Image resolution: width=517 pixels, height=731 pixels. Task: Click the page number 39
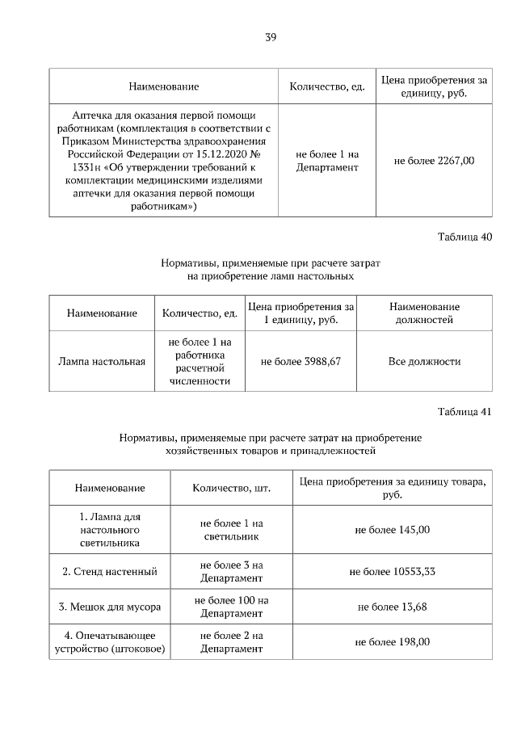click(271, 37)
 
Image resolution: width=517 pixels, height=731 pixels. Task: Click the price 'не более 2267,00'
click(434, 161)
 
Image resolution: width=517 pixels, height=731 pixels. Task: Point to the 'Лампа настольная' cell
click(102, 361)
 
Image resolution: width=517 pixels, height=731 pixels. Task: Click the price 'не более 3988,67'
click(301, 361)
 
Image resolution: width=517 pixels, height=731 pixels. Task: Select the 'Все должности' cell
click(424, 361)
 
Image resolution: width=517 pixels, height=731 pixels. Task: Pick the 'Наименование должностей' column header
click(424, 313)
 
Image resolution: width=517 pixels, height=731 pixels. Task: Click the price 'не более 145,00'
click(393, 530)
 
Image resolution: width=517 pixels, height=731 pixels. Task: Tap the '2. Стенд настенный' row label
click(110, 572)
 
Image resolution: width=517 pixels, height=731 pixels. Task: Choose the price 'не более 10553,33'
click(393, 572)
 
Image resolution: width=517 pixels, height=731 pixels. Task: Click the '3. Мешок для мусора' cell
click(110, 607)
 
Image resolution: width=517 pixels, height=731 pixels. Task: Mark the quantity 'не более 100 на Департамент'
click(231, 607)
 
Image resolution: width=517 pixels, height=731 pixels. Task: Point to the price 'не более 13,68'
click(393, 607)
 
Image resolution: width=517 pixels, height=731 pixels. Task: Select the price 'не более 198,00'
click(393, 641)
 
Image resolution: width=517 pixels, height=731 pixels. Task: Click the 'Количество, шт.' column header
click(231, 488)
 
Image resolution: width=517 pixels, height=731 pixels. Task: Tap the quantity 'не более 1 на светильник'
click(231, 530)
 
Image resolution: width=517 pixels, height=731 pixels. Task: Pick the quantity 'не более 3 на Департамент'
click(231, 572)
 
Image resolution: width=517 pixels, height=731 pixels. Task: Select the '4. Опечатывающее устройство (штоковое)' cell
click(110, 641)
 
